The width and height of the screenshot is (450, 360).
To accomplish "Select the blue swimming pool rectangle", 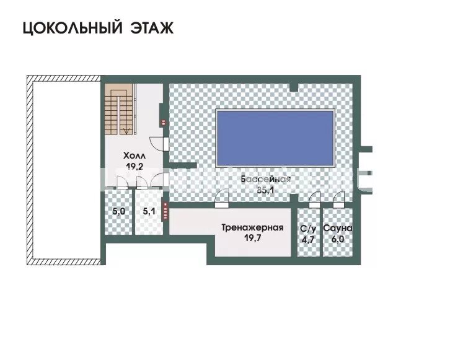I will (x=275, y=138).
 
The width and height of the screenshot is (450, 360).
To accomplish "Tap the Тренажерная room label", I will (x=252, y=227).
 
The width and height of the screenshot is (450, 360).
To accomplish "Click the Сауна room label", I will (x=337, y=228).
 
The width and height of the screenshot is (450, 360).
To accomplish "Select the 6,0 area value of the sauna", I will (x=337, y=237).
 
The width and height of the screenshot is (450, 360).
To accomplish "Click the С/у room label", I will (x=307, y=228).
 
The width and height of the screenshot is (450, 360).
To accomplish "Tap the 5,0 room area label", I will (x=118, y=211).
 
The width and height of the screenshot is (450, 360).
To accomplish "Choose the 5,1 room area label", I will (x=149, y=211).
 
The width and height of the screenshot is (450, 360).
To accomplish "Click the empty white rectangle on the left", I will (x=63, y=170).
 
